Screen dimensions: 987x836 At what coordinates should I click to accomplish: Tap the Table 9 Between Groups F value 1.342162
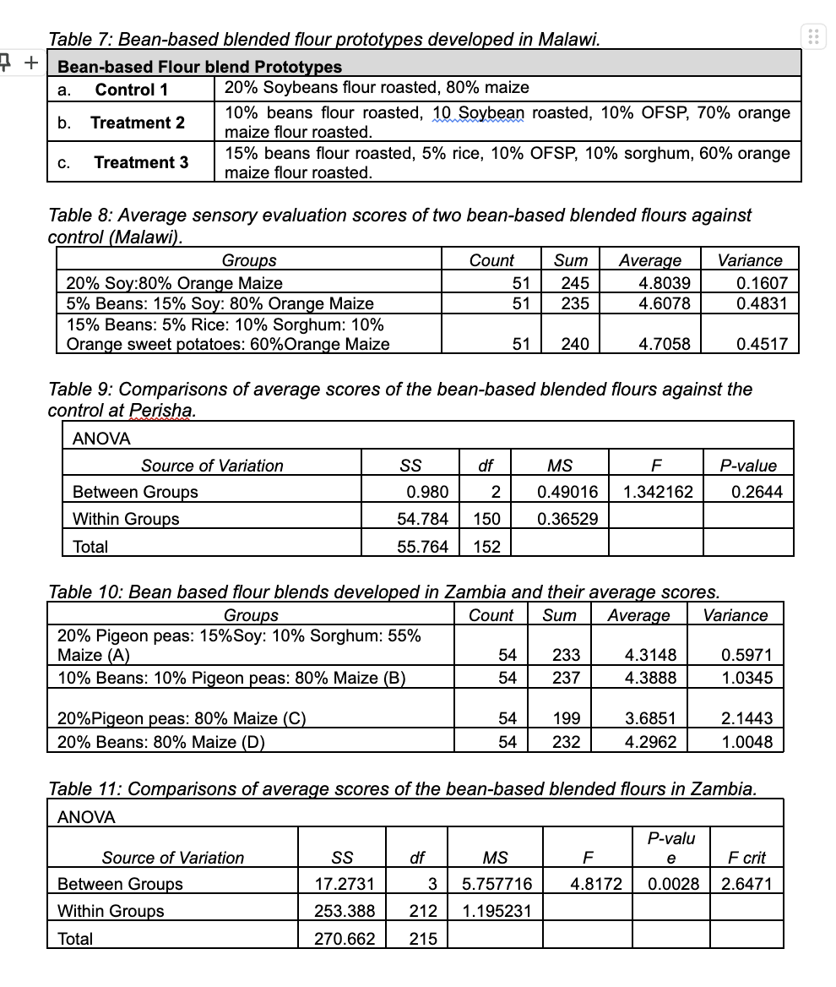(659, 492)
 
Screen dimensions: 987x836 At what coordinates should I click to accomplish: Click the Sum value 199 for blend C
(566, 718)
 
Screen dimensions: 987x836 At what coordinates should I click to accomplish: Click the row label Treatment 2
(138, 123)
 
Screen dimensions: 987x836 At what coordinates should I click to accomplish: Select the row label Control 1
(132, 90)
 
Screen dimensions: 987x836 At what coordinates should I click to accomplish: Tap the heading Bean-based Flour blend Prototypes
(200, 67)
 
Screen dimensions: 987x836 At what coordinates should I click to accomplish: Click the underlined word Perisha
(163, 411)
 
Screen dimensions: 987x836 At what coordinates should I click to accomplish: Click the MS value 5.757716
(497, 884)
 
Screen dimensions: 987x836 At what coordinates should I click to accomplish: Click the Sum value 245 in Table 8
(574, 283)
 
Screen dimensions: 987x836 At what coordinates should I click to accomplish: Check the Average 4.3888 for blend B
(649, 678)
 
